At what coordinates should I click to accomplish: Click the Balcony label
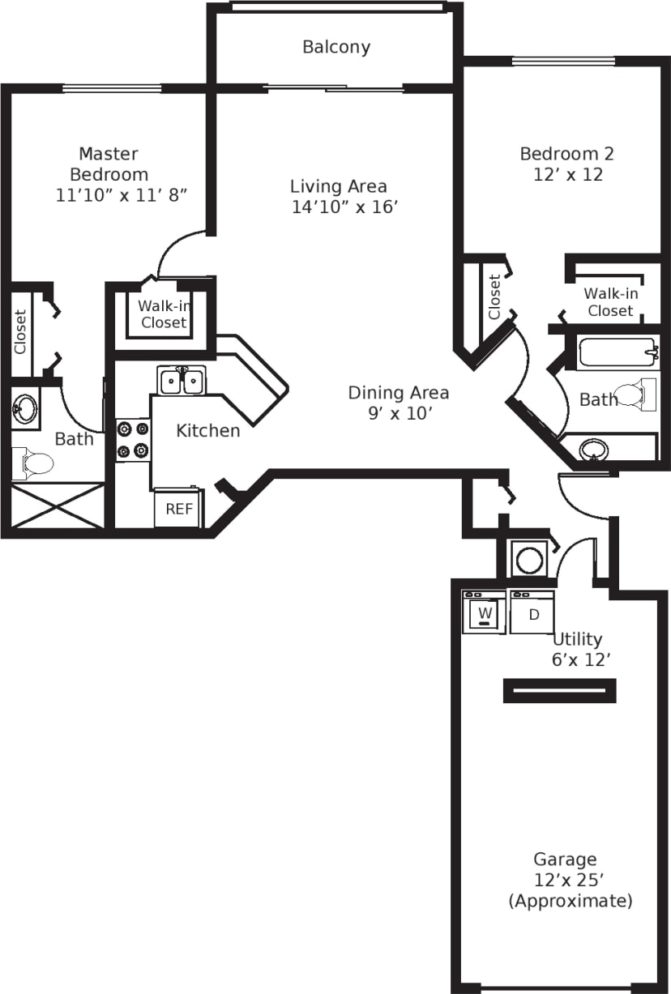tap(336, 47)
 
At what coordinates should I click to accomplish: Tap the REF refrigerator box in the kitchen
tap(179, 509)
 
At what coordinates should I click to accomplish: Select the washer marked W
tap(485, 613)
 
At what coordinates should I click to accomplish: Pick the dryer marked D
tap(533, 613)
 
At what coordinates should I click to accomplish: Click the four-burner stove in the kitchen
tap(133, 440)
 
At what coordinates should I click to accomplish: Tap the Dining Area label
tap(398, 393)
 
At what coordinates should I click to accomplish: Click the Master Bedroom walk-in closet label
tap(164, 314)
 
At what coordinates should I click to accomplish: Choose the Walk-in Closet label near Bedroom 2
tap(611, 302)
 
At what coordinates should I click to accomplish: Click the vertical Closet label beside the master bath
tap(20, 332)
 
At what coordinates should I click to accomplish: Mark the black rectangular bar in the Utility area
tap(559, 690)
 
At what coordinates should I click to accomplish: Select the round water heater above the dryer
tap(531, 559)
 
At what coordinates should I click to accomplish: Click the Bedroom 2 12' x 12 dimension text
tap(567, 174)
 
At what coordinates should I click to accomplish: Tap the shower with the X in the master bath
tap(57, 506)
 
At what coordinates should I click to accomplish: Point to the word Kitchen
tap(208, 431)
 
